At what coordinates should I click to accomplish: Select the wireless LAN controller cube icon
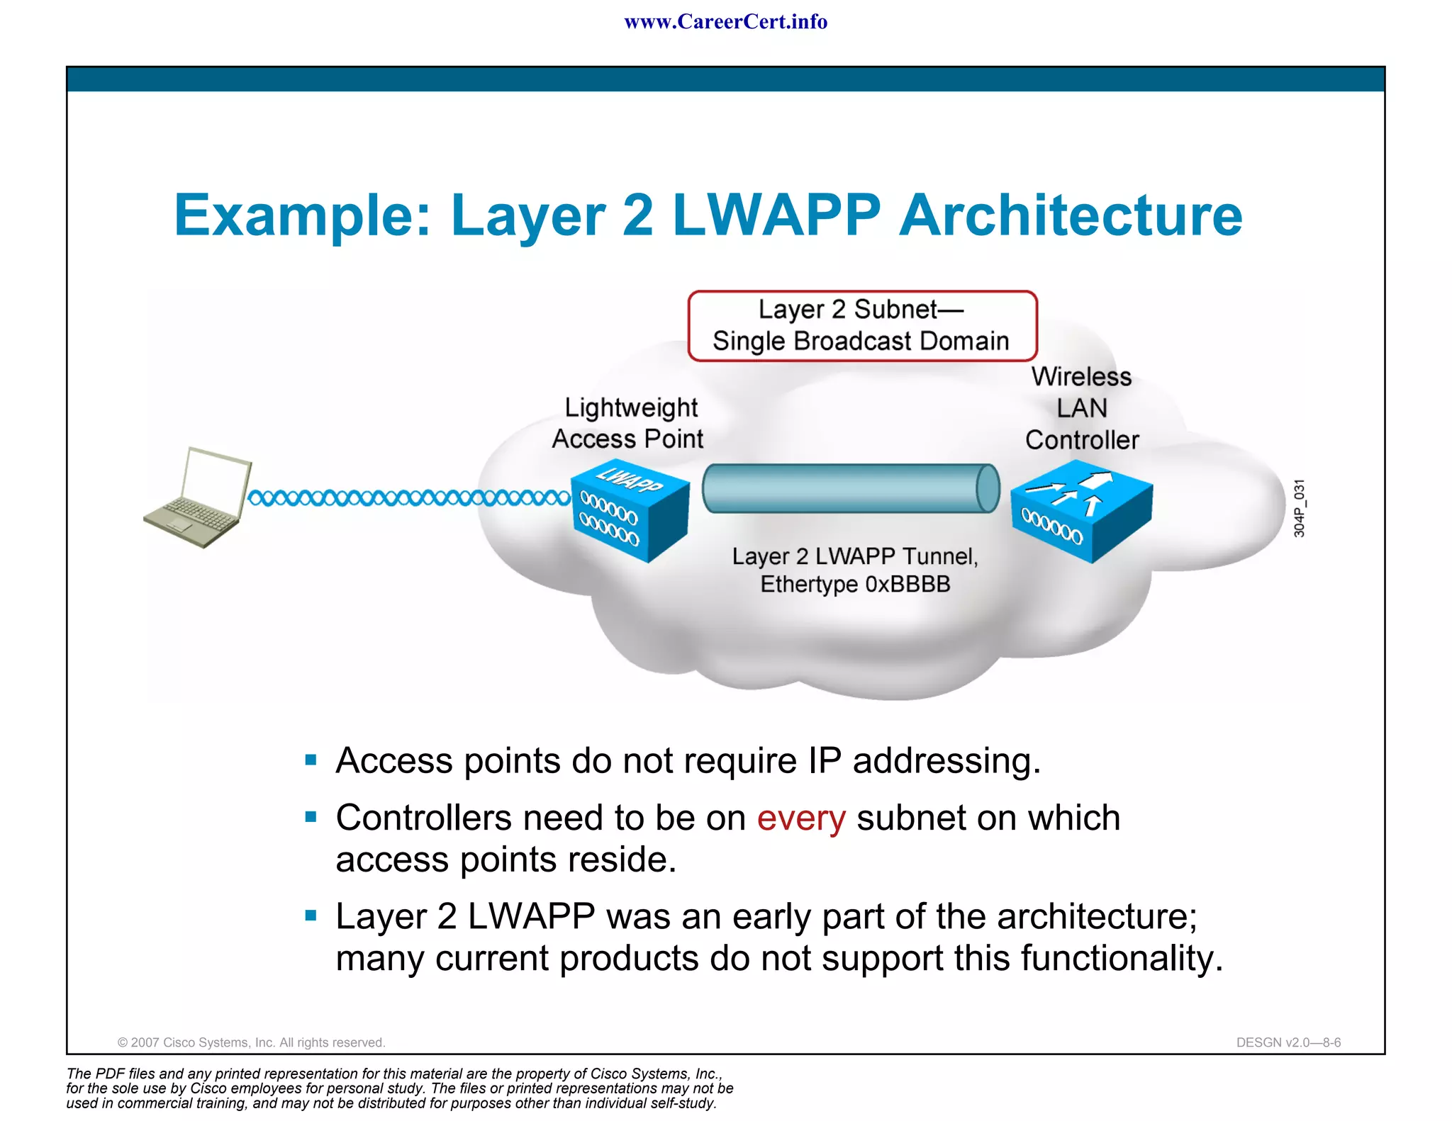pos(1081,510)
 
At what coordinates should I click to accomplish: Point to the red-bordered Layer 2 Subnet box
pos(861,325)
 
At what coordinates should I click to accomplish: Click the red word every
pos(800,818)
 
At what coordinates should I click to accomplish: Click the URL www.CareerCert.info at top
pos(725,22)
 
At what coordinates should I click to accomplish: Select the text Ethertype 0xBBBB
pos(855,585)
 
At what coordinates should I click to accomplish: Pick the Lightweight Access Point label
pos(628,423)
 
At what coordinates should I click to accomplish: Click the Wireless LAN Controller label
pos(1081,408)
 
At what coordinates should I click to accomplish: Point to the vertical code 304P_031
pos(1298,508)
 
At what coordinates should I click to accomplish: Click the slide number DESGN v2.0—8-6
pos(1288,1042)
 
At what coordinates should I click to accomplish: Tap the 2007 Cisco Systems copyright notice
pos(251,1042)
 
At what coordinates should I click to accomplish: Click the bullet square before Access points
pos(311,760)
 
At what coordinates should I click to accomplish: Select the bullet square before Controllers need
pos(311,817)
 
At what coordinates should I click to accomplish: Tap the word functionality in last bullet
pos(1122,958)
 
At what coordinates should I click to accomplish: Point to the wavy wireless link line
pos(408,498)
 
